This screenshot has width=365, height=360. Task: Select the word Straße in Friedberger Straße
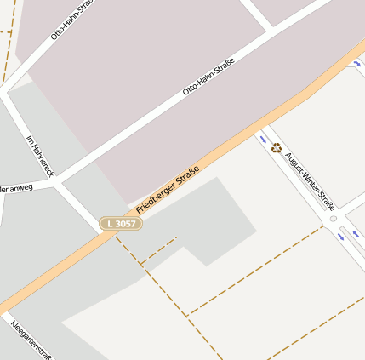tap(187, 176)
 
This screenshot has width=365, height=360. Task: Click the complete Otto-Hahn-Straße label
tap(208, 77)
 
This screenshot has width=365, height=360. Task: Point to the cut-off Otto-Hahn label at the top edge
tap(71, 20)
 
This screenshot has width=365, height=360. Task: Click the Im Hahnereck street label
tap(40, 156)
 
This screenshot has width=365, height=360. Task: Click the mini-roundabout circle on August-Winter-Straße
tap(334, 219)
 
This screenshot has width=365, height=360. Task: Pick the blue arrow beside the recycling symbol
tap(261, 136)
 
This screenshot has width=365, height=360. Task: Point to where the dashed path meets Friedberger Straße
tap(115, 236)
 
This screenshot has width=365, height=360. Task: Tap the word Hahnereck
tap(43, 160)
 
